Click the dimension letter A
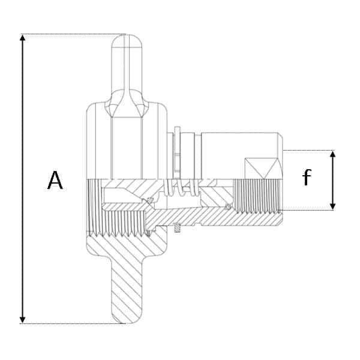point(55,180)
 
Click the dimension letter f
point(307,177)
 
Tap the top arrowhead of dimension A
point(22,38)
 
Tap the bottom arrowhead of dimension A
point(22,320)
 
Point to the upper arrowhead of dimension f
point(332,154)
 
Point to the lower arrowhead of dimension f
point(332,206)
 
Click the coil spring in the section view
point(181,188)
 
